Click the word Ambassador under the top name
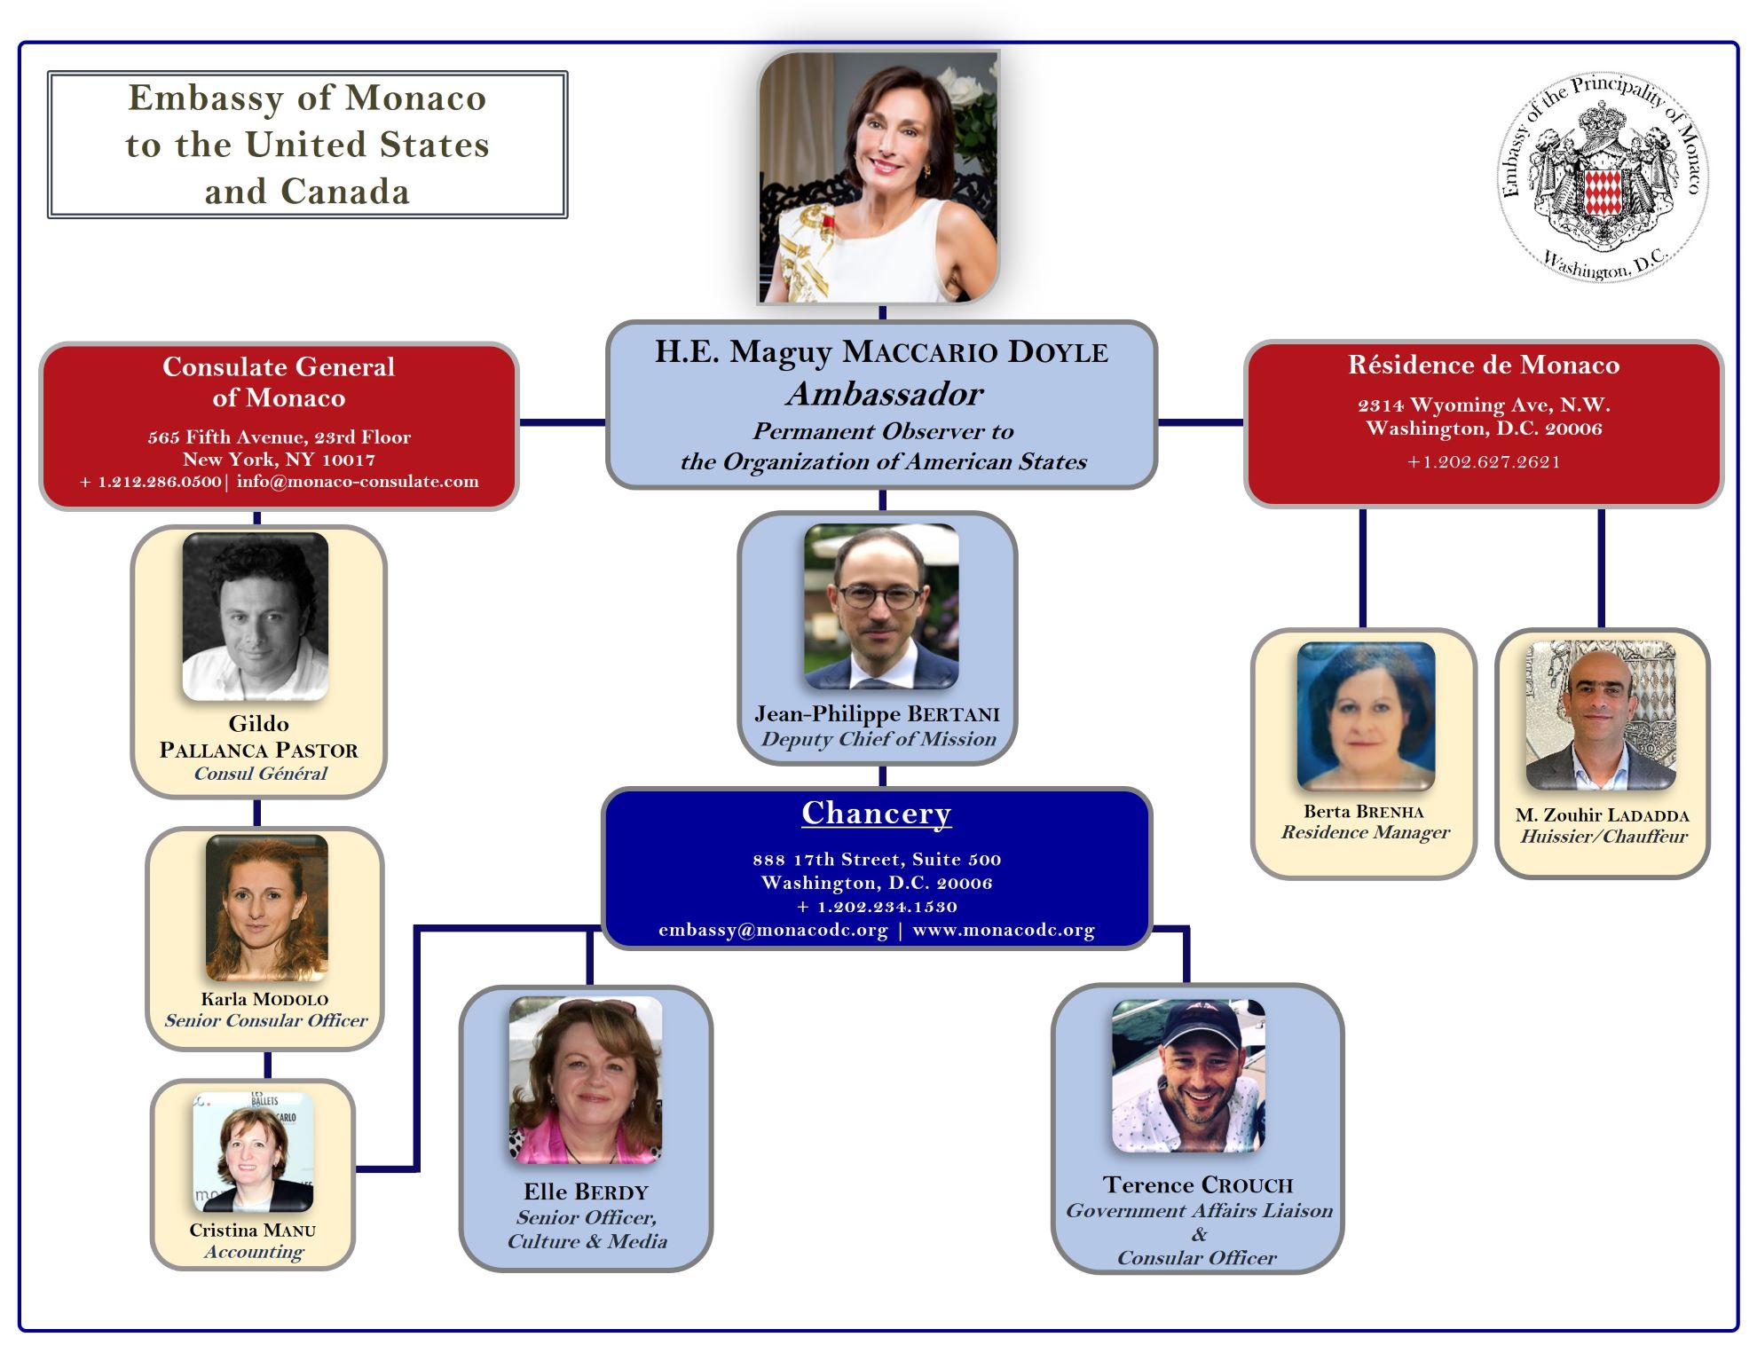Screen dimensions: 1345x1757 [x=885, y=394]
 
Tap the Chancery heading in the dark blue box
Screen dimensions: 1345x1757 [x=876, y=813]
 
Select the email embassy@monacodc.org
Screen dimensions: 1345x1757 [x=773, y=930]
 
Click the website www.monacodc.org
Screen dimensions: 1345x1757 [x=1004, y=930]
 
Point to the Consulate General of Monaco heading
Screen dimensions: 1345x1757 [x=279, y=381]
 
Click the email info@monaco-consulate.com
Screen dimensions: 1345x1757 [x=358, y=482]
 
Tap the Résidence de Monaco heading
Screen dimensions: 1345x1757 [x=1484, y=365]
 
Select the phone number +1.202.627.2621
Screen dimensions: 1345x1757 [x=1484, y=461]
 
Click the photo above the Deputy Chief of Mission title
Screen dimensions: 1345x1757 [x=880, y=607]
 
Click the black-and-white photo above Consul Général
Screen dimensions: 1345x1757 [x=256, y=616]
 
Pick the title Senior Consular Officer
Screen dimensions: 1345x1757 [x=265, y=1020]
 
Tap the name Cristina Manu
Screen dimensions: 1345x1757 [x=252, y=1230]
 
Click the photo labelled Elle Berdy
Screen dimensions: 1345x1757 [x=586, y=1079]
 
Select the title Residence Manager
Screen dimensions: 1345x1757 [x=1365, y=832]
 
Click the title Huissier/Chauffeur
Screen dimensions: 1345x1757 [x=1603, y=836]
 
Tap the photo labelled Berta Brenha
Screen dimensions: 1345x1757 [x=1366, y=716]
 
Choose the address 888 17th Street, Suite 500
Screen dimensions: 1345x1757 [x=876, y=859]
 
